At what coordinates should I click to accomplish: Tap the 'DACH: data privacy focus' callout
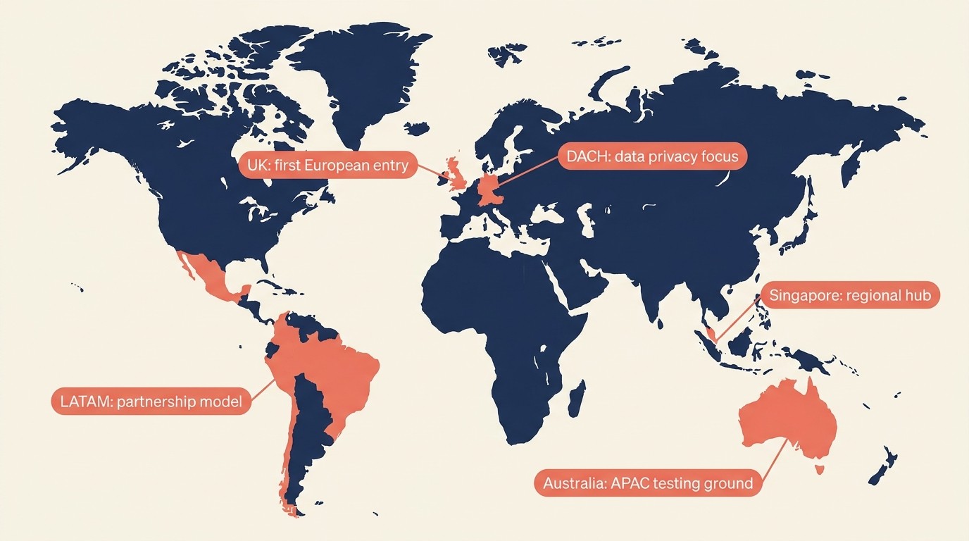[x=652, y=156]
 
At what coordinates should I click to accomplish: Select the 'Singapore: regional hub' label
[x=850, y=296]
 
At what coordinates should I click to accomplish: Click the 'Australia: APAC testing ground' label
[x=648, y=483]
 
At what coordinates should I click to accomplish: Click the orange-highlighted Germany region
[x=491, y=188]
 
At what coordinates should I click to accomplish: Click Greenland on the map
[x=366, y=77]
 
